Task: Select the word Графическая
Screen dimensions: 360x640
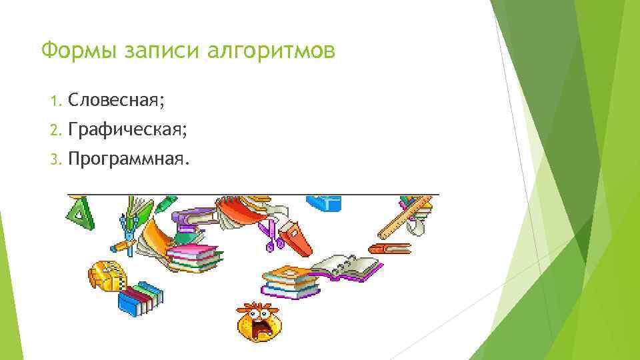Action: point(127,131)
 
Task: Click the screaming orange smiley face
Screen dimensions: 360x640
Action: point(258,321)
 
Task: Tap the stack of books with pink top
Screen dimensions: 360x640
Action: point(193,257)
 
